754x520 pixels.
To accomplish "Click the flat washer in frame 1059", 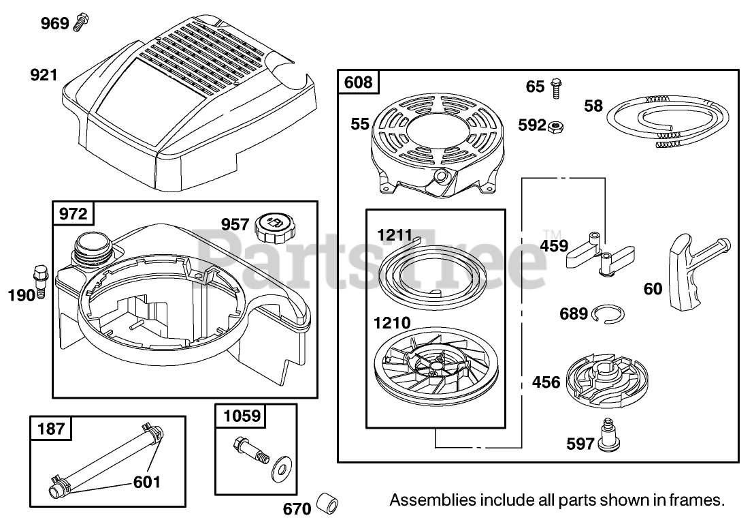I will click(x=278, y=470).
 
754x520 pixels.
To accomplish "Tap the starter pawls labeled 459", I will click(x=600, y=252).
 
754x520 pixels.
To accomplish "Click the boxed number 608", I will click(x=359, y=82).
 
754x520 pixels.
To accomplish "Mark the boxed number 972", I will click(x=73, y=214).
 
